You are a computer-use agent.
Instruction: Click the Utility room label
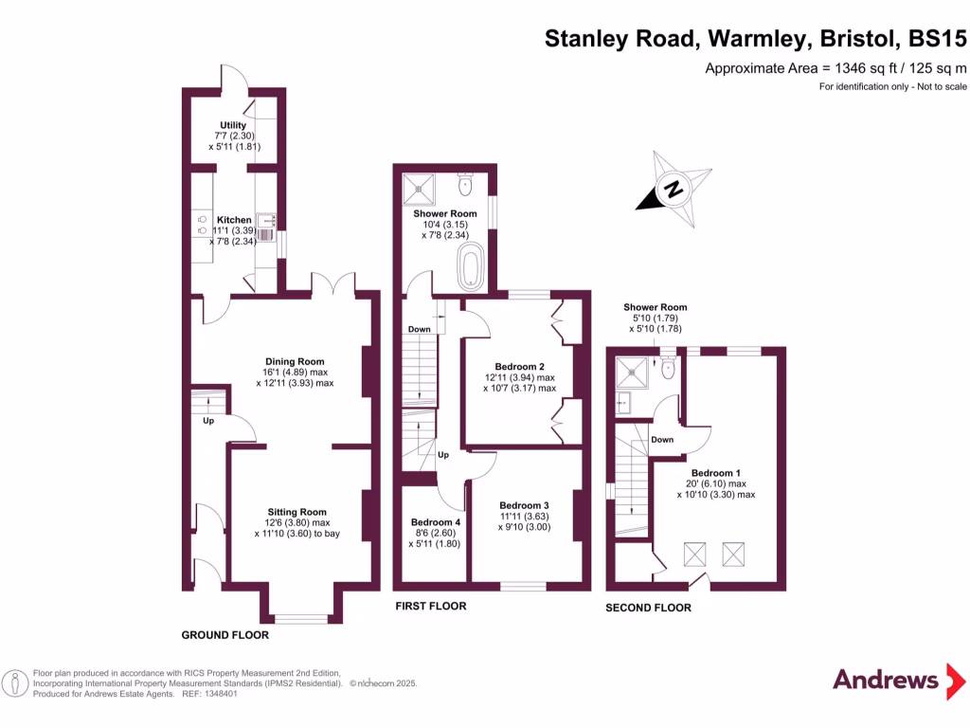tap(233, 125)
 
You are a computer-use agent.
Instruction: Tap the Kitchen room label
tap(234, 220)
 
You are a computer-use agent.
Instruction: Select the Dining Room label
tap(295, 361)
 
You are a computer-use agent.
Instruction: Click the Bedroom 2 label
tap(519, 366)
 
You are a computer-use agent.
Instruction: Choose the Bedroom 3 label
tap(524, 505)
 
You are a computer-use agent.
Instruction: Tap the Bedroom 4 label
tap(435, 522)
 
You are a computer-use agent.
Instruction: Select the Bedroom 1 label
tap(715, 473)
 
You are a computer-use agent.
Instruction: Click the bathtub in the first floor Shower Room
tap(471, 266)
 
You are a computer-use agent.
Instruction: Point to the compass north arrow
tap(674, 189)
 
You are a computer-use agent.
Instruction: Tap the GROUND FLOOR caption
tap(225, 635)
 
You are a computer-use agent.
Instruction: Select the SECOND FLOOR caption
tap(648, 608)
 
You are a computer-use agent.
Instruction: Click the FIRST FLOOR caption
tap(430, 606)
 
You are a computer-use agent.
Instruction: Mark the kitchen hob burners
tap(202, 224)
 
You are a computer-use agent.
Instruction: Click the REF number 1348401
tap(216, 694)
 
